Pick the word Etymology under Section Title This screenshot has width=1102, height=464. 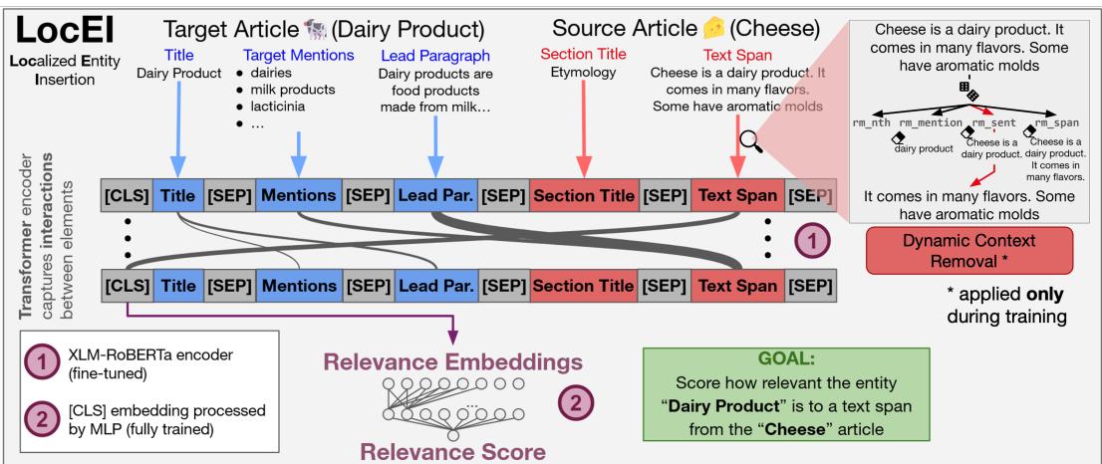(x=579, y=72)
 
